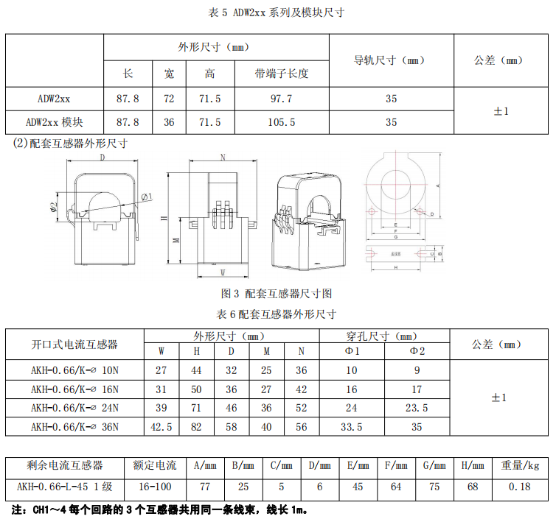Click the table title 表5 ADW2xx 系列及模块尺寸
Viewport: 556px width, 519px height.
(278, 13)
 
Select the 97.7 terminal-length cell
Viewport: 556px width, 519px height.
(281, 98)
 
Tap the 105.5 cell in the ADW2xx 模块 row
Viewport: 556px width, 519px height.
(281, 121)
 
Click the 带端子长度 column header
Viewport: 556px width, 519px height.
(281, 74)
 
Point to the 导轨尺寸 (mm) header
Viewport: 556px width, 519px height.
(391, 61)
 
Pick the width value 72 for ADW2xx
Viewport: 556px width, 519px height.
(169, 98)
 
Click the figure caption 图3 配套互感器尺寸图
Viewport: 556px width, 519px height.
(277, 294)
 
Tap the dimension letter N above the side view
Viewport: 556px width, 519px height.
(223, 158)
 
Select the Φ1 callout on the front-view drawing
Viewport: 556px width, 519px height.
(145, 197)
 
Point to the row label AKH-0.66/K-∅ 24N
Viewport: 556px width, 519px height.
(74, 408)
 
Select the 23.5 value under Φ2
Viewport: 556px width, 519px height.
(417, 408)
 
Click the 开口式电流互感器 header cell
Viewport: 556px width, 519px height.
(74, 344)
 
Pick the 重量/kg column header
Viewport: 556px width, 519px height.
(521, 466)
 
